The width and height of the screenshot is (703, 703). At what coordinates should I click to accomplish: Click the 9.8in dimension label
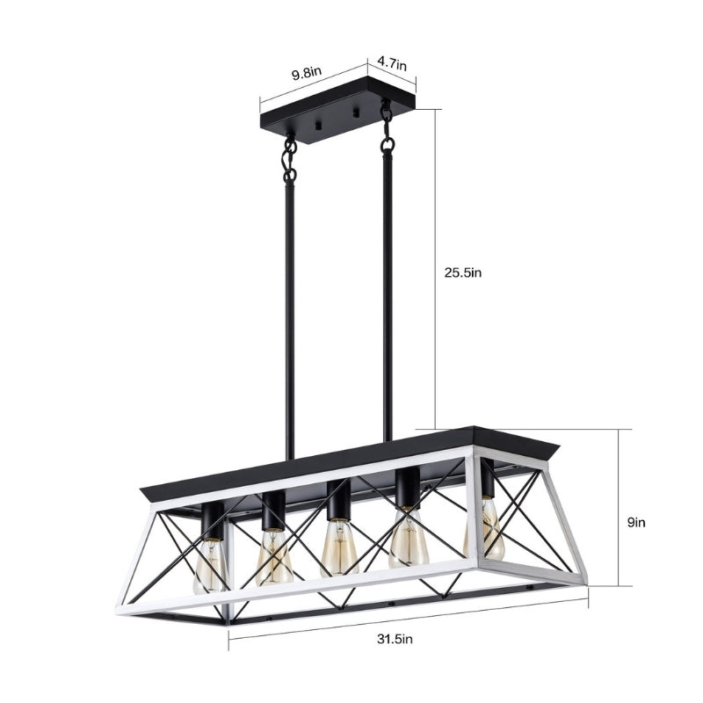point(308,74)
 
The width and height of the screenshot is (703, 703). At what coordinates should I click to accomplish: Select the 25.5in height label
point(461,272)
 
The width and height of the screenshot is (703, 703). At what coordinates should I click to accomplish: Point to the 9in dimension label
point(637,521)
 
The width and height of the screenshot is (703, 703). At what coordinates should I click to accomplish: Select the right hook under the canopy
point(385,112)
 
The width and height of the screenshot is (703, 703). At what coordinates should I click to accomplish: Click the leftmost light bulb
point(211,562)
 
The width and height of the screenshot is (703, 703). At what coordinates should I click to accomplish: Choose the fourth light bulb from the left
point(409,540)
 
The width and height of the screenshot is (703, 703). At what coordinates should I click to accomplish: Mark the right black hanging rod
point(387,299)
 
